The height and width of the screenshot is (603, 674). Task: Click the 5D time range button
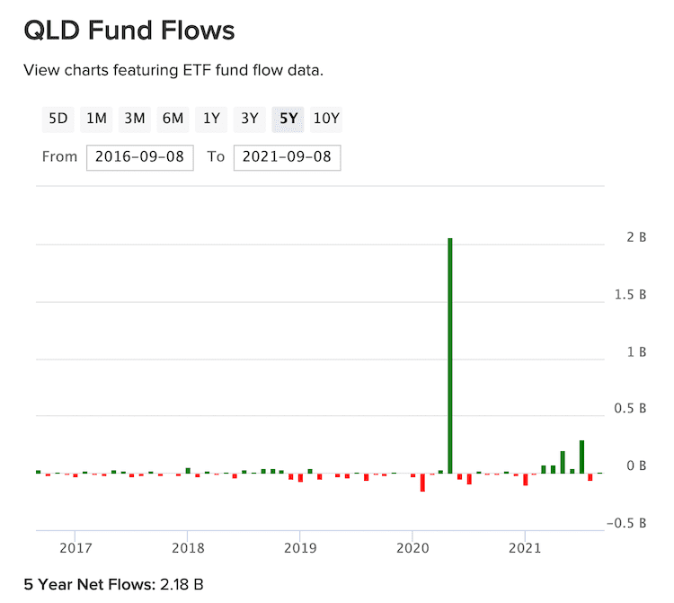pyautogui.click(x=58, y=119)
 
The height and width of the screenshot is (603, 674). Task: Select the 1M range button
pyautogui.click(x=96, y=119)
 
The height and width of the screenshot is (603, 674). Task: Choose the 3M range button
pyautogui.click(x=135, y=119)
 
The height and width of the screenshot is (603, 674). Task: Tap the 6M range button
pyautogui.click(x=173, y=119)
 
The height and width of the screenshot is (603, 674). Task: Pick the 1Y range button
pyautogui.click(x=211, y=119)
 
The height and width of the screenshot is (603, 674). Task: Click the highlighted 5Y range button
pyautogui.click(x=288, y=119)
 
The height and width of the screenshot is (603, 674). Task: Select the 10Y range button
pyautogui.click(x=327, y=119)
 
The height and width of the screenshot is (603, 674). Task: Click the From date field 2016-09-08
pyautogui.click(x=140, y=157)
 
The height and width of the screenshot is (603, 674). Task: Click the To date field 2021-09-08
pyautogui.click(x=287, y=157)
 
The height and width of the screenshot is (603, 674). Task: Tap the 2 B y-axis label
pyautogui.click(x=636, y=237)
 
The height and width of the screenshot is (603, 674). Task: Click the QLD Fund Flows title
pyautogui.click(x=129, y=31)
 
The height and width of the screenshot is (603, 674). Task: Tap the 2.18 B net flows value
pyautogui.click(x=181, y=585)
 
